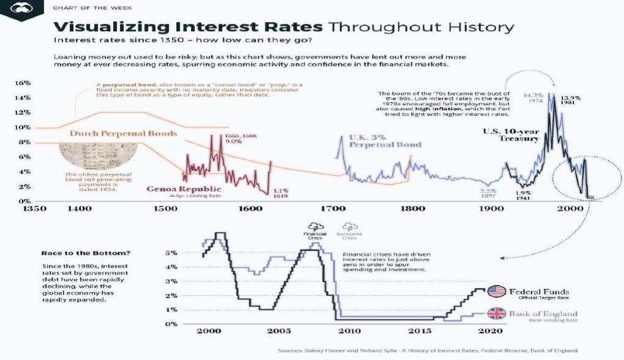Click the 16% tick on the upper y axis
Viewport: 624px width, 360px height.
pyautogui.click(x=23, y=83)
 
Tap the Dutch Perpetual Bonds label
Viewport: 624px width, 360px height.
pyautogui.click(x=123, y=133)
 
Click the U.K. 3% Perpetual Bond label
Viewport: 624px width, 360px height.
pyautogui.click(x=385, y=141)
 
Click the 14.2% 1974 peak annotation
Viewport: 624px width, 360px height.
pyautogui.click(x=533, y=98)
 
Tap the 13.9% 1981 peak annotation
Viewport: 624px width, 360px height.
pyautogui.click(x=571, y=100)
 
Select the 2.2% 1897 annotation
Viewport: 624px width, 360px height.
pyautogui.click(x=489, y=194)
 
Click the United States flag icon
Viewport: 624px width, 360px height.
pyautogui.click(x=497, y=291)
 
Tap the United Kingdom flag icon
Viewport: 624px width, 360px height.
pyautogui.click(x=497, y=314)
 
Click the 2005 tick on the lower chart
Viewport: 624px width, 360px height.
pyautogui.click(x=278, y=331)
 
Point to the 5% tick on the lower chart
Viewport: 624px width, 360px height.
pyautogui.click(x=171, y=252)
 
